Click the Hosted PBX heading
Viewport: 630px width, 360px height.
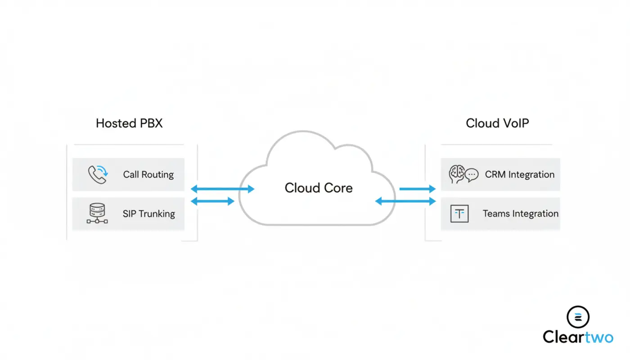(129, 123)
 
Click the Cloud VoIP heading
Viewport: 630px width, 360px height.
(497, 123)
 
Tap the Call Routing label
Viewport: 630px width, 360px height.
(148, 175)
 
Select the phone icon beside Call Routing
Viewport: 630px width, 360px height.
(97, 175)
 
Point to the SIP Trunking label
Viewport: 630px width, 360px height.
(149, 214)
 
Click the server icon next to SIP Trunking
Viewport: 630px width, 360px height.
(97, 213)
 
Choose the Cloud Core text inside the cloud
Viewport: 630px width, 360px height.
(319, 188)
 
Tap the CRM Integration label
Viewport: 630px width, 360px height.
(520, 175)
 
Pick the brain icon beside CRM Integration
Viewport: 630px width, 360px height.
(456, 174)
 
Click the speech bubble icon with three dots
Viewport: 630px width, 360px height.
(472, 175)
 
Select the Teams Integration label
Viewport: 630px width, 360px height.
(521, 214)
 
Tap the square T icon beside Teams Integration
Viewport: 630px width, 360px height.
(459, 214)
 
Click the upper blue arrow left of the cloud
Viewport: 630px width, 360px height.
(222, 189)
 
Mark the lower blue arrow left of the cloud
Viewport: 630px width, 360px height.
(213, 202)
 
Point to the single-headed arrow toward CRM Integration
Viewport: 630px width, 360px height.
(417, 189)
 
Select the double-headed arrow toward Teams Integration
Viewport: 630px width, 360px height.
(405, 202)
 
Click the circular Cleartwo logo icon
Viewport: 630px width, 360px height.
(578, 317)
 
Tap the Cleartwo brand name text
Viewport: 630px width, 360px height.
(578, 337)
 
